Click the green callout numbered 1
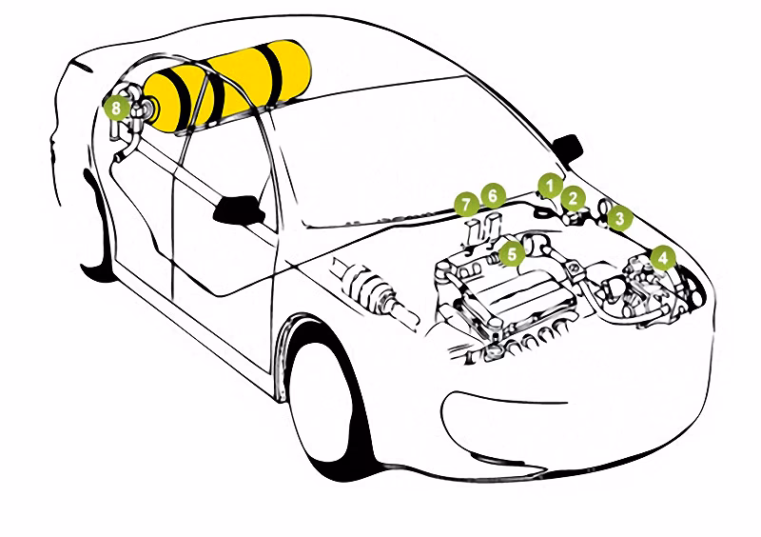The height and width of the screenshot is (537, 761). (x=550, y=185)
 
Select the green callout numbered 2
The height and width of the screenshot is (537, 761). (x=574, y=198)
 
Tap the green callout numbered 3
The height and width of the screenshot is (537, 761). (x=619, y=218)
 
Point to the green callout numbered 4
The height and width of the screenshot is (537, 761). (x=663, y=258)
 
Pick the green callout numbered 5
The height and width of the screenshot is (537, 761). (x=512, y=253)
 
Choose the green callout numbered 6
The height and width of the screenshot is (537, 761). (x=493, y=196)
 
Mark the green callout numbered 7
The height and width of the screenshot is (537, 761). (x=467, y=204)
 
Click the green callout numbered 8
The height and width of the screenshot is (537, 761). (x=116, y=108)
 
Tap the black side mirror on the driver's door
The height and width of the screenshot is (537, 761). (x=239, y=209)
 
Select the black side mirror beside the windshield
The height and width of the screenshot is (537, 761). (x=567, y=149)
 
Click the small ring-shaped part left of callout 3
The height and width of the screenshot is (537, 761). (x=605, y=209)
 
